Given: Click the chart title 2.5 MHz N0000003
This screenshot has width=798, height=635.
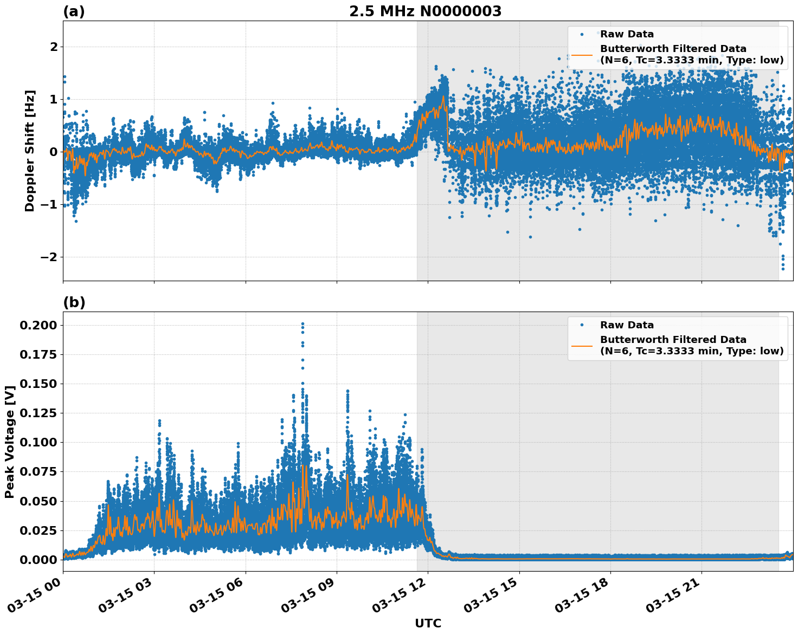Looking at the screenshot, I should pos(425,11).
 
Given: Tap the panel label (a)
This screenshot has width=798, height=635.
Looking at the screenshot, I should pos(74,11).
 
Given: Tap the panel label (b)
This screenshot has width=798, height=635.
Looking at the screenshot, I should pos(74,302).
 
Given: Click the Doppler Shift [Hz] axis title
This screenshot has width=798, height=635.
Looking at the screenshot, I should pos(30,151).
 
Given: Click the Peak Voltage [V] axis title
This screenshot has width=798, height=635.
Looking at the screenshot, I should pos(10,442).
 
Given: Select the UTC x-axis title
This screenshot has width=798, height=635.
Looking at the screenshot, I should pos(428,623).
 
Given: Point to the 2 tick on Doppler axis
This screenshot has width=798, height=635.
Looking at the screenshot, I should pos(54,47).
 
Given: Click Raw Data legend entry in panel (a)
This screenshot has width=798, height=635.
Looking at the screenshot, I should pos(627,34).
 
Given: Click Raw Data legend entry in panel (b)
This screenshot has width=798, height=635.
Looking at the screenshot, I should pos(627,325).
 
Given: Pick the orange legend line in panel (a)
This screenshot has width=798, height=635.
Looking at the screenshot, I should pos(582,54).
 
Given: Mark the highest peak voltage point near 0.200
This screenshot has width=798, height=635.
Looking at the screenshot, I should pos(303,324).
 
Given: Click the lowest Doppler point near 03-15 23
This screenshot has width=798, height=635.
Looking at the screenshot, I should pos(782,269).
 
